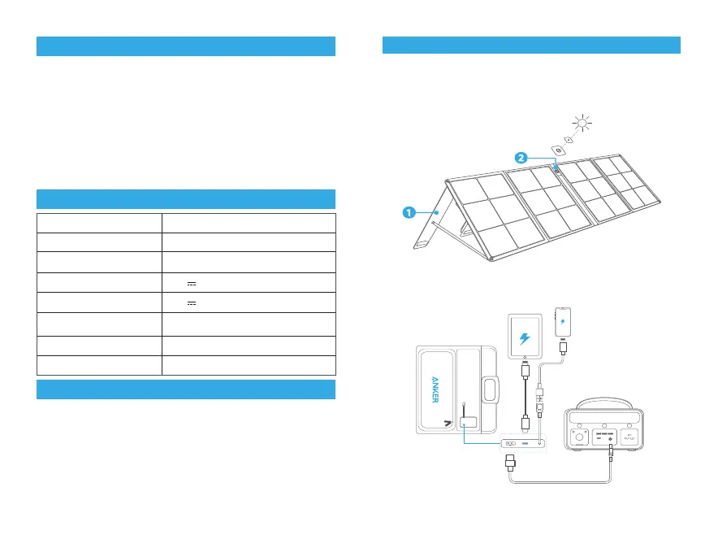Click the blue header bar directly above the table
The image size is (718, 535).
[185, 199]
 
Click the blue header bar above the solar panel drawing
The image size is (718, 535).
[530, 46]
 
